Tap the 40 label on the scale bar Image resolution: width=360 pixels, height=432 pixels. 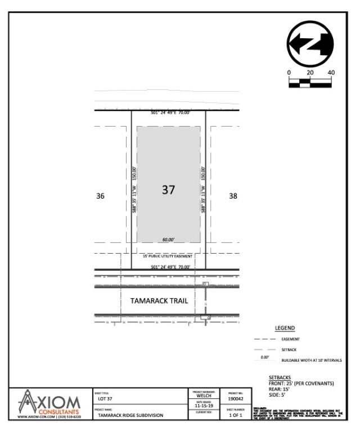[x=331, y=73]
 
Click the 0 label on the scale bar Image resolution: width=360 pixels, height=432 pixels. [x=289, y=73]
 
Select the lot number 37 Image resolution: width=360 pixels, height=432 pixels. [x=168, y=190]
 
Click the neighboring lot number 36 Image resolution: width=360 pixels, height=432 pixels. [x=100, y=196]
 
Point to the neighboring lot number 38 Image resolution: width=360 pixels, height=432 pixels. [x=233, y=196]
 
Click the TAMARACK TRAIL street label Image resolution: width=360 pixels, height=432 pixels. [x=159, y=301]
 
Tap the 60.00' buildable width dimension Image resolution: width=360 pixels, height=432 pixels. [x=168, y=240]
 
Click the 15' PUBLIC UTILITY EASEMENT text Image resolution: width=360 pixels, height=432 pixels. [x=168, y=256]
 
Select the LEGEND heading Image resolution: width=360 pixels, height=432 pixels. [x=285, y=328]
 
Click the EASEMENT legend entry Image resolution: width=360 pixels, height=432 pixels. [x=290, y=339]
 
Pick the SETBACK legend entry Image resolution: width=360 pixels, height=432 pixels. [x=289, y=349]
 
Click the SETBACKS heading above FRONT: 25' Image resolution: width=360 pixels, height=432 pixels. [x=280, y=378]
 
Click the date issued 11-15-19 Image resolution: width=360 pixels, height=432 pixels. [x=204, y=404]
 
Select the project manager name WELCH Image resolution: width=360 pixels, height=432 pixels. [x=204, y=395]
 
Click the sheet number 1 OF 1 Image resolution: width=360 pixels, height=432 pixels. [x=236, y=415]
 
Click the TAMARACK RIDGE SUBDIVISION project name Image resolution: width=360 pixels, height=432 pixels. [x=130, y=415]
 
